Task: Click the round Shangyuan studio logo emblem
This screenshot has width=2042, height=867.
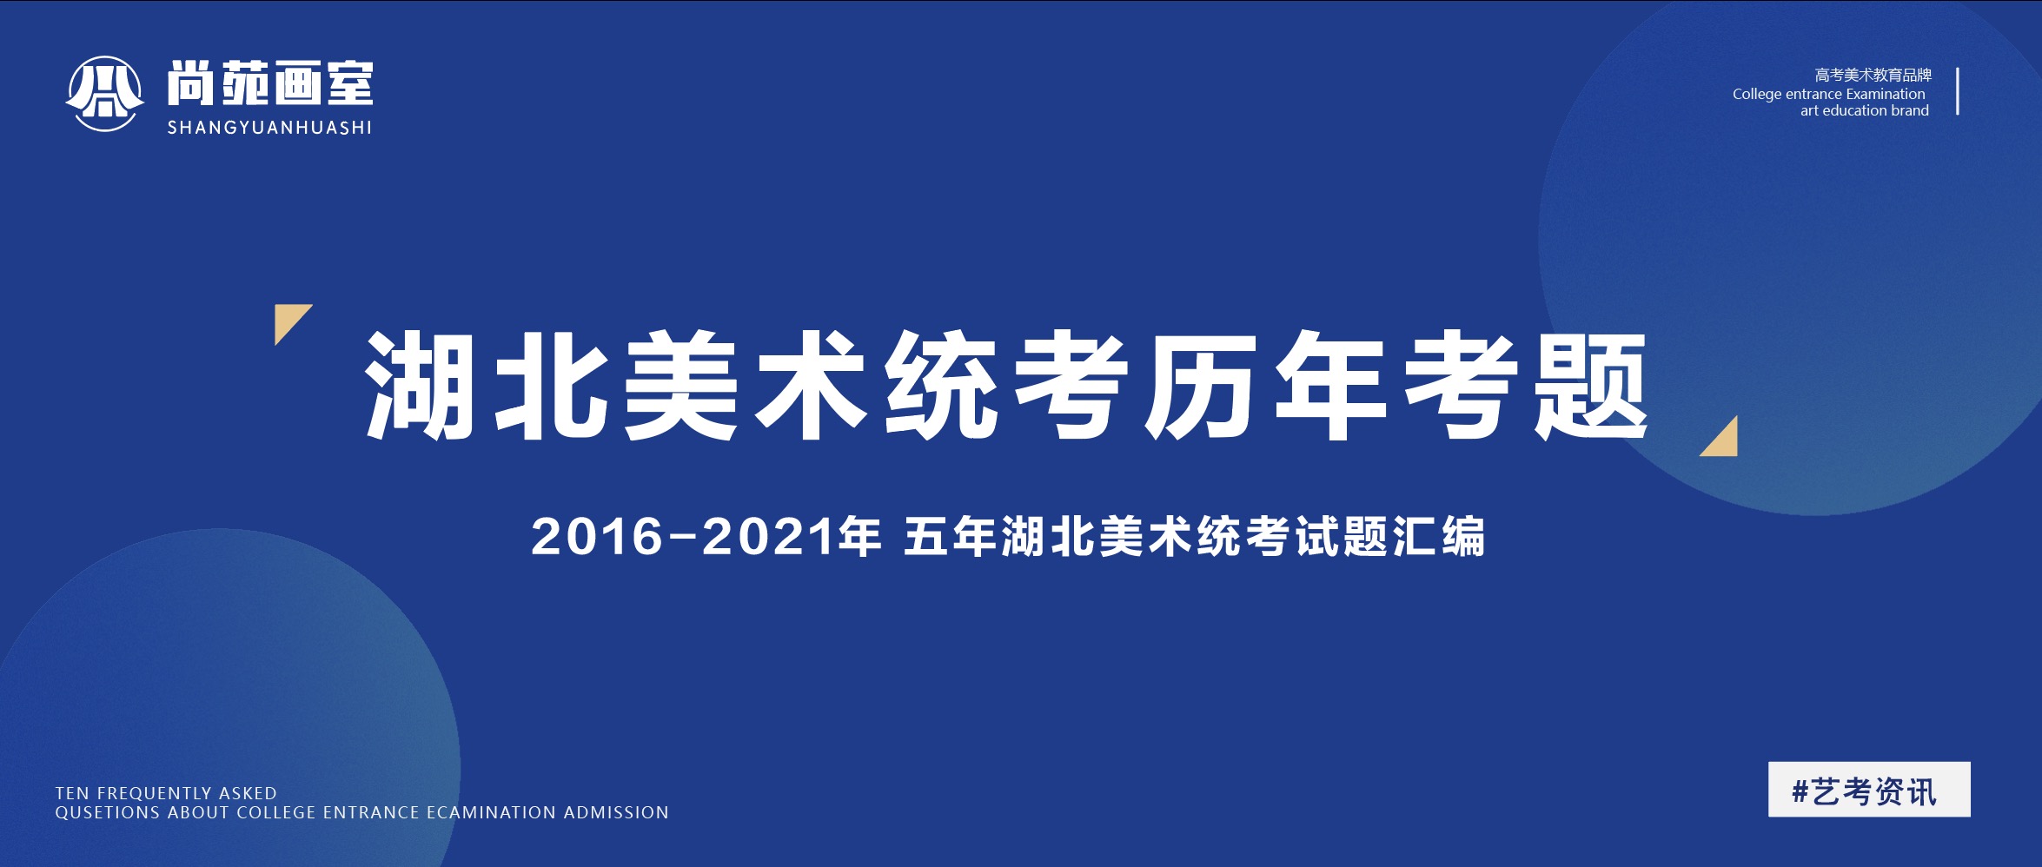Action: (105, 94)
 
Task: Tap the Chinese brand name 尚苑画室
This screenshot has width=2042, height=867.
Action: (270, 83)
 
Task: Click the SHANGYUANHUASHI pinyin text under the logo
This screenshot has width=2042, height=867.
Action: (269, 128)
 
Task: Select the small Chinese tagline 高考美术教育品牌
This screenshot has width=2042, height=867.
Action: (1873, 76)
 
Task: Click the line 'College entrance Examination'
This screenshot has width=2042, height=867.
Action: (1828, 94)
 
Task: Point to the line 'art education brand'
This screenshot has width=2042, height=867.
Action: (1864, 110)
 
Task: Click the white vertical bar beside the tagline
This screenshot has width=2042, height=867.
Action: (1958, 91)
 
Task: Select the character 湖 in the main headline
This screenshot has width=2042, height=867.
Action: (420, 385)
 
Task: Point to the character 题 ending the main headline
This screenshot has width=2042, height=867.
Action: (1591, 385)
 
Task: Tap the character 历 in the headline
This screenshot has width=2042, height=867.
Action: (1200, 385)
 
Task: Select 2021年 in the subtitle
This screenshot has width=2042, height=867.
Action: (792, 536)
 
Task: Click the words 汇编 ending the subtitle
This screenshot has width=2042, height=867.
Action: (1439, 536)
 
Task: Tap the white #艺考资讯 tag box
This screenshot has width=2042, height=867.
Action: (1869, 790)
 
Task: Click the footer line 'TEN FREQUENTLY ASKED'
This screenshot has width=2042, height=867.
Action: (166, 793)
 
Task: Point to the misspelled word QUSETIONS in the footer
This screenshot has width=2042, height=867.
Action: (108, 813)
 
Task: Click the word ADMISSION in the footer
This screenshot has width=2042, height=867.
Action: (616, 813)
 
